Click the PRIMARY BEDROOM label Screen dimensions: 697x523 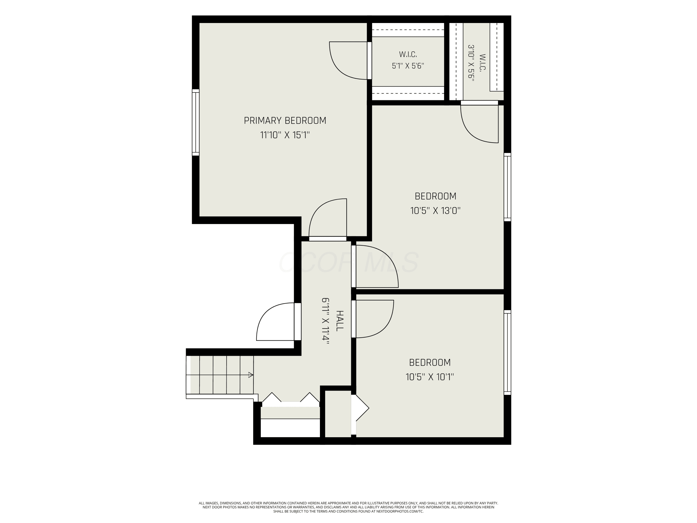tap(285, 120)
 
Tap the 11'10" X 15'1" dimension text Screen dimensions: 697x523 tap(285, 135)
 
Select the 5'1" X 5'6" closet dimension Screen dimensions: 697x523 tap(408, 66)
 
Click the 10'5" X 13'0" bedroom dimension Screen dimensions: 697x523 tap(435, 210)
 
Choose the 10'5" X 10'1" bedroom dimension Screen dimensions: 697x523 tap(430, 377)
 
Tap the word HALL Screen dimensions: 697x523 tap(340, 321)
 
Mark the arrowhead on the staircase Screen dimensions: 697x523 tap(251, 375)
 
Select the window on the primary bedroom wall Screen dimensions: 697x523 tap(196, 122)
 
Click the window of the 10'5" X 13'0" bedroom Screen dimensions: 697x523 tap(507, 187)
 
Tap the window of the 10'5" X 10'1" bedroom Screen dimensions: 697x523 tap(507, 352)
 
